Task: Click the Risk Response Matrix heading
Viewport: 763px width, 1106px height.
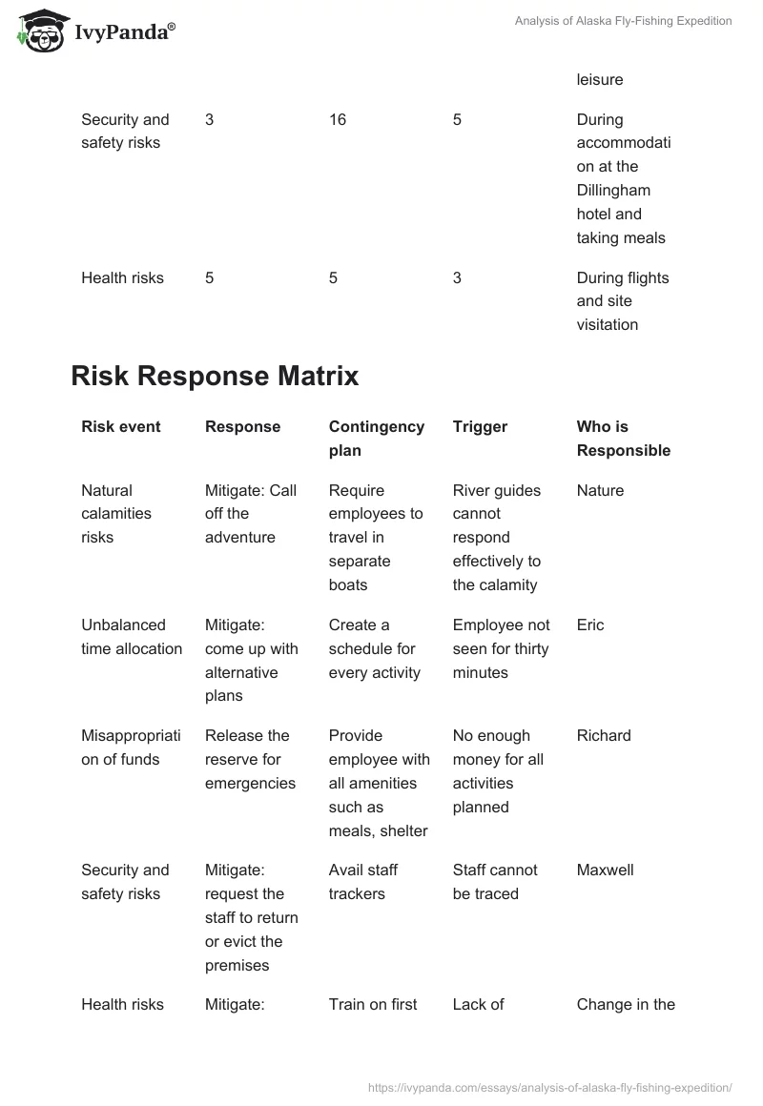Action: coord(215,376)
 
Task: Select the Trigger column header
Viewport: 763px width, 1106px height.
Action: coord(480,426)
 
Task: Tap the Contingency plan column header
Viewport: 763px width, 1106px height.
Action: coord(376,438)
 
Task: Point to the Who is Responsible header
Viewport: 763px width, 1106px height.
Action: coord(623,438)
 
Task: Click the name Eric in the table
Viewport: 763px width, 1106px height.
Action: coord(590,625)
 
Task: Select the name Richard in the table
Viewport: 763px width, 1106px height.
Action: coord(604,735)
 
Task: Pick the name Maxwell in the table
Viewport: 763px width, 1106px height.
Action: coord(605,870)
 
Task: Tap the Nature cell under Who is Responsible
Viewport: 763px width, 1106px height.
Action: coord(600,490)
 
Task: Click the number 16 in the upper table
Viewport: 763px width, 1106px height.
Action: coord(338,119)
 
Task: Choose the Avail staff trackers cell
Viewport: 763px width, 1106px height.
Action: coord(363,881)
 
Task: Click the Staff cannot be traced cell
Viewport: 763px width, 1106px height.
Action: coord(495,881)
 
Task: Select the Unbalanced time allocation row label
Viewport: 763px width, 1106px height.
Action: coord(132,636)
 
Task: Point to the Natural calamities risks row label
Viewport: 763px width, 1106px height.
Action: coord(116,513)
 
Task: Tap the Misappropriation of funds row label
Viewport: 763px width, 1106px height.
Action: coord(131,747)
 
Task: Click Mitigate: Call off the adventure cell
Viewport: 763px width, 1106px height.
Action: coord(251,513)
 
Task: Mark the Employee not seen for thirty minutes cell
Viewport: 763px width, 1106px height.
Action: coord(501,648)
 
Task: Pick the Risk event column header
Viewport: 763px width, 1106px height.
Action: coord(121,426)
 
